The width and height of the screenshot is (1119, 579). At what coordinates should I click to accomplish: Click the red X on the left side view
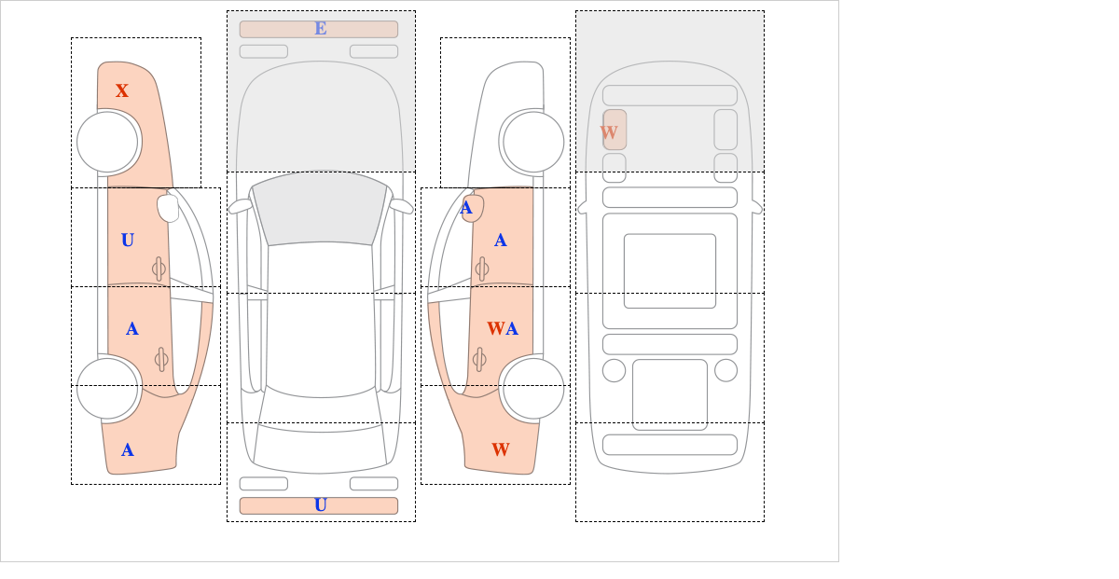pyautogui.click(x=122, y=91)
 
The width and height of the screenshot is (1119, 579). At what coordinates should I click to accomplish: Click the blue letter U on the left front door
pyautogui.click(x=128, y=241)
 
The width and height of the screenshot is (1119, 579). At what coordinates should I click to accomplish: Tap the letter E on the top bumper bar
pyautogui.click(x=321, y=29)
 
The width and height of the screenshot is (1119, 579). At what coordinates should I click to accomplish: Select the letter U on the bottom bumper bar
pyautogui.click(x=321, y=505)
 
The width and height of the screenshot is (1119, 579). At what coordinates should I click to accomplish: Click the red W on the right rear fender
pyautogui.click(x=501, y=450)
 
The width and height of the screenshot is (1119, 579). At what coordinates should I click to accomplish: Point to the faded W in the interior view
pyautogui.click(x=609, y=132)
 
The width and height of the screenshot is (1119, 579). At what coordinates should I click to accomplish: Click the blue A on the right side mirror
pyautogui.click(x=467, y=208)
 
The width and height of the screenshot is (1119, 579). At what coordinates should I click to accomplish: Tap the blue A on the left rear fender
pyautogui.click(x=128, y=450)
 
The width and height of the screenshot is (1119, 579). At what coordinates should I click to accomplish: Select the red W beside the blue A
pyautogui.click(x=495, y=329)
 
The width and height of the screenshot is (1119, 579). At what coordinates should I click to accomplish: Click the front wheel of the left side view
pyautogui.click(x=108, y=142)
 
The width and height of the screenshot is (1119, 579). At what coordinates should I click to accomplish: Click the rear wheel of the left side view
pyautogui.click(x=108, y=389)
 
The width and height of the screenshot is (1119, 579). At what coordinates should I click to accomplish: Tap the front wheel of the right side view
pyautogui.click(x=533, y=142)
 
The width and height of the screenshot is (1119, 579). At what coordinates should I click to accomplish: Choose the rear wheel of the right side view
pyautogui.click(x=532, y=388)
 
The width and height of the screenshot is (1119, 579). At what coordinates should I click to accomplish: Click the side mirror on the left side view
pyautogui.click(x=169, y=208)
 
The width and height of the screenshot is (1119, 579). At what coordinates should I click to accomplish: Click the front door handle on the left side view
pyautogui.click(x=159, y=269)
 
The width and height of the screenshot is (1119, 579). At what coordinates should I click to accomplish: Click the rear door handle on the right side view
pyautogui.click(x=480, y=358)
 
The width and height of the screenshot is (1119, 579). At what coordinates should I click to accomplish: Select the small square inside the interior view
pyautogui.click(x=670, y=271)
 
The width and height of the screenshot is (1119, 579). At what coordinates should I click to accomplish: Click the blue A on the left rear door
pyautogui.click(x=132, y=329)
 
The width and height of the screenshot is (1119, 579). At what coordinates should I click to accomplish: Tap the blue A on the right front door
pyautogui.click(x=501, y=241)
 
